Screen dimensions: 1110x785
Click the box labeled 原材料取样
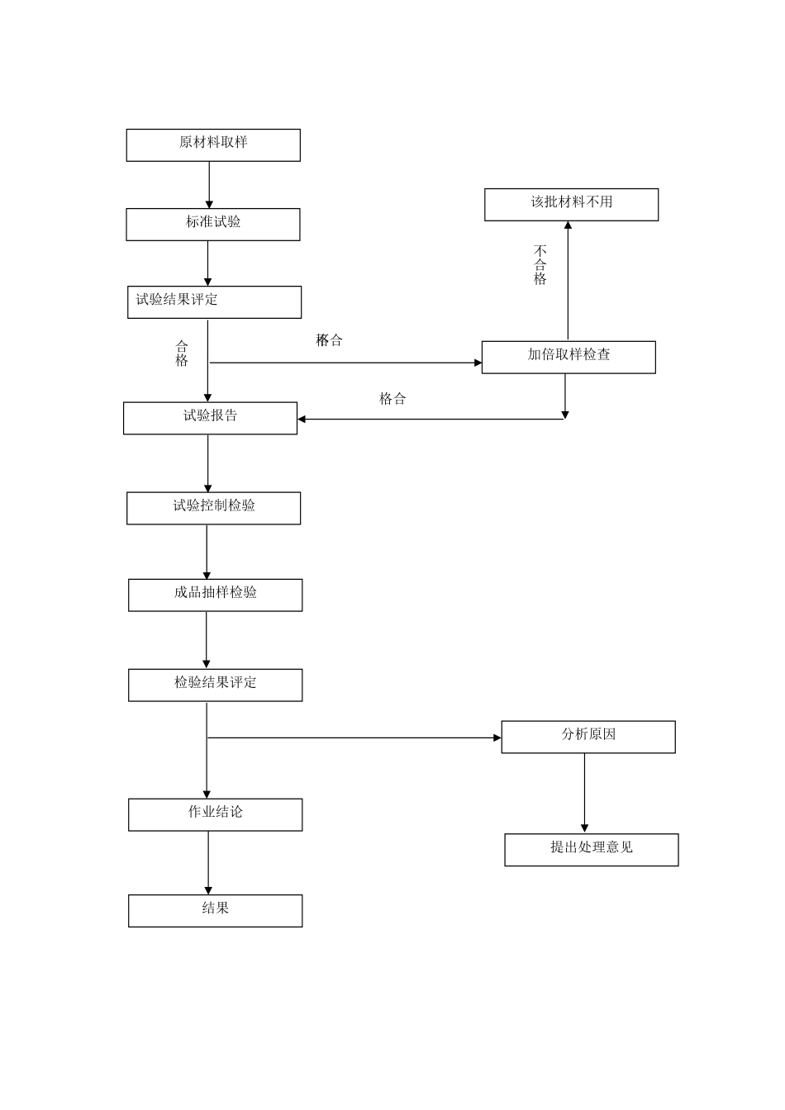tap(213, 145)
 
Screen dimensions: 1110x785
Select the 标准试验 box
tap(213, 225)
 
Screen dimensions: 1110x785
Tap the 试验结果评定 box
tap(213, 302)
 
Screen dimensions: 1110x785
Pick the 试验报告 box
tap(210, 418)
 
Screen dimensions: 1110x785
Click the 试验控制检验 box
tap(213, 508)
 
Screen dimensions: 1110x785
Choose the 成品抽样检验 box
tap(215, 595)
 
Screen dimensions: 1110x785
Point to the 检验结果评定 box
tap(215, 685)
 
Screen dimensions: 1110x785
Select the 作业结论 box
tap(215, 814)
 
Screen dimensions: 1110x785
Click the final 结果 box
tap(215, 910)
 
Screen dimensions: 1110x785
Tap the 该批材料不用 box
tap(571, 205)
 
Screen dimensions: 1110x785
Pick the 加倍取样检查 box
tap(569, 357)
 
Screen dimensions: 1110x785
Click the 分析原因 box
tap(588, 737)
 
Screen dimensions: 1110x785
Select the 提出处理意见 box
tap(591, 850)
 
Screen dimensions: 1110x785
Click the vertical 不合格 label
tap(540, 265)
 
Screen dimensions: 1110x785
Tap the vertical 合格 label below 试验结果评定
tap(182, 353)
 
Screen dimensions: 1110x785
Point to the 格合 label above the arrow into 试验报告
tap(392, 399)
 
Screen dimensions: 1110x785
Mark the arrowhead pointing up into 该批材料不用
tap(568, 225)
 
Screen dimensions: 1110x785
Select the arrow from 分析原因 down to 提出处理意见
tap(585, 793)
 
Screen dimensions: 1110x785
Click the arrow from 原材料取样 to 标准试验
tap(209, 185)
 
